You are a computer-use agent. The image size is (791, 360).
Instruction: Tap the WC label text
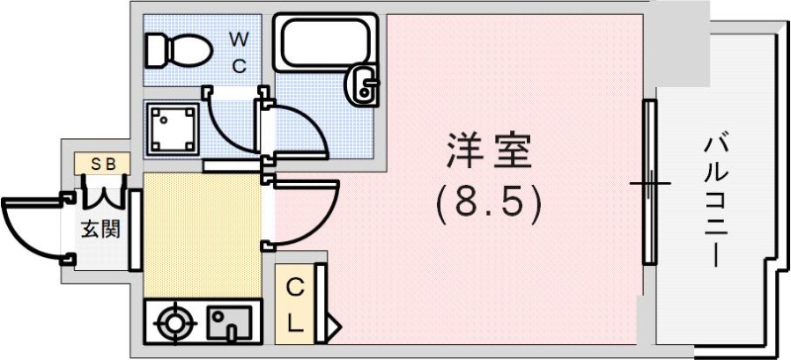pos(239,51)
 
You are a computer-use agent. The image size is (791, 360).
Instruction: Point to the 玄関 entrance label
pos(100,229)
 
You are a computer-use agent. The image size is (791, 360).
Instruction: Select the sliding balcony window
pos(650,183)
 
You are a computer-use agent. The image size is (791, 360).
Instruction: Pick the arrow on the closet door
pos(334,322)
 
